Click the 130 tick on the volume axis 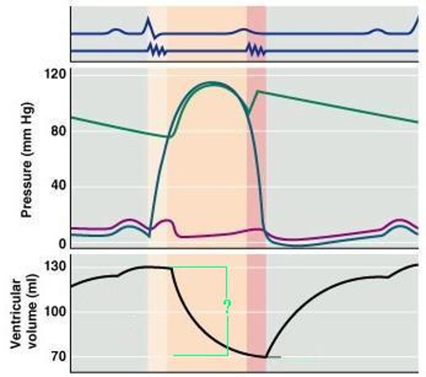[55, 266]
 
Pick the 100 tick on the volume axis [55, 312]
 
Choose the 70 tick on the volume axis [58, 357]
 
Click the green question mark [227, 306]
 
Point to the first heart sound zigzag [157, 51]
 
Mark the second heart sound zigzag [256, 50]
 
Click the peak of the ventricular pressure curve [214, 83]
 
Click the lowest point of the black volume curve [266, 357]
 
